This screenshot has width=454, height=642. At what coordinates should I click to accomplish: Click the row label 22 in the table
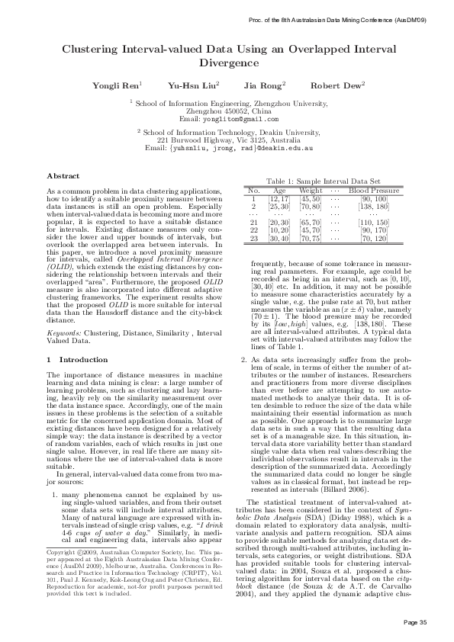(x=253, y=230)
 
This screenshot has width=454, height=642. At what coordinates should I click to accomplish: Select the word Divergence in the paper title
(x=227, y=63)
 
